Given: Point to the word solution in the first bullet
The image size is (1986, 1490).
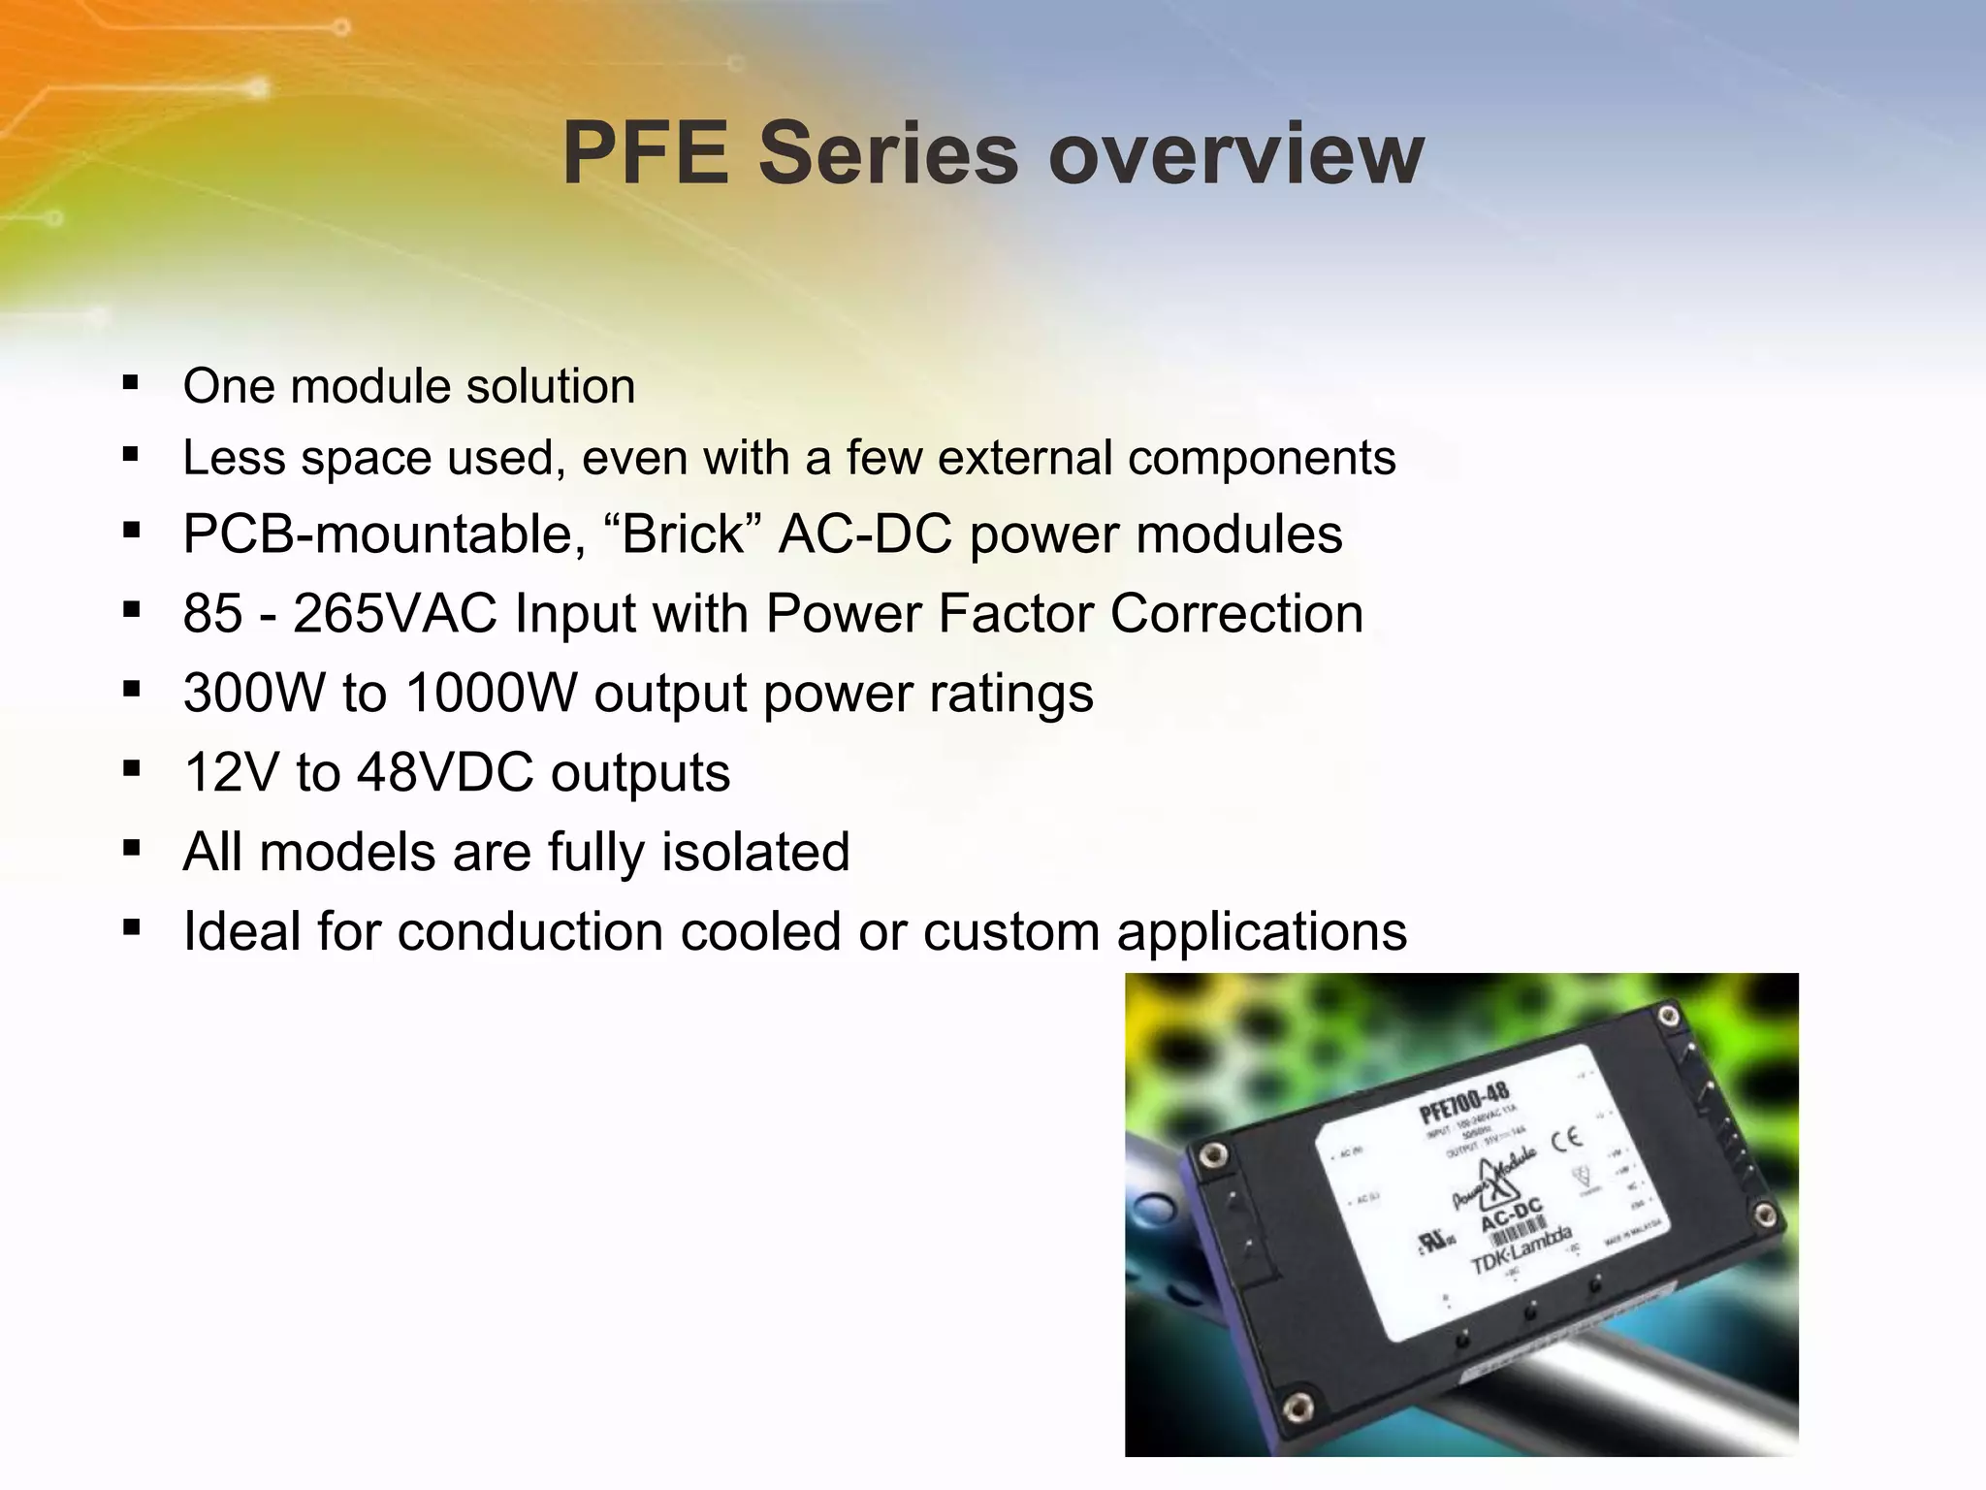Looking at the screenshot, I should click(550, 386).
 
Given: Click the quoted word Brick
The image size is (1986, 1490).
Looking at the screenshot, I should click(683, 534).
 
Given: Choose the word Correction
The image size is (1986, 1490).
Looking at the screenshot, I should click(1236, 613).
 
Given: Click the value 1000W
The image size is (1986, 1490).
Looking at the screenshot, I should click(492, 693).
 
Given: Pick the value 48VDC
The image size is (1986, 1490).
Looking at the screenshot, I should click(445, 772).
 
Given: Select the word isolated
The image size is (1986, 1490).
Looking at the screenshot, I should click(755, 852).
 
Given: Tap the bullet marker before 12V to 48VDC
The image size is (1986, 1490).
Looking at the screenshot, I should click(131, 769).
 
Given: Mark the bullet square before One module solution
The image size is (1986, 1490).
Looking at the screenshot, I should click(131, 382).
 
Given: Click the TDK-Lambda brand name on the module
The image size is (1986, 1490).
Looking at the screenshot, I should click(1521, 1250).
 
